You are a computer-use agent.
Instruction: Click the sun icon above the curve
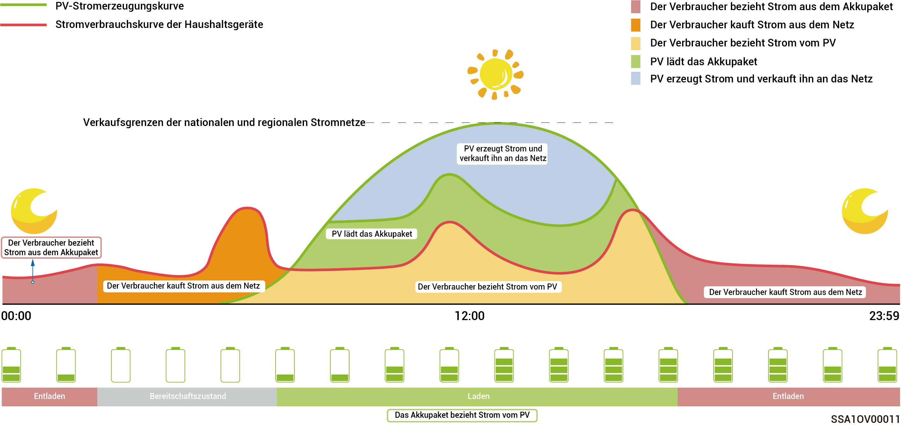point(495,74)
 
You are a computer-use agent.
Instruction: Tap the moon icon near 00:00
point(34,211)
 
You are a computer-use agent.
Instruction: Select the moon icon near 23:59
point(864,211)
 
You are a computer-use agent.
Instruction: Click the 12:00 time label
point(469,316)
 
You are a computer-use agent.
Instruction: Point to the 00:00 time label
point(16,316)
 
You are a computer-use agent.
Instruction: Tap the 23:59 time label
point(884,316)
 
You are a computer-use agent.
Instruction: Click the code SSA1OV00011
point(865,419)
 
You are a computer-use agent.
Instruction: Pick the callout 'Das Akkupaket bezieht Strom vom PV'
point(462,415)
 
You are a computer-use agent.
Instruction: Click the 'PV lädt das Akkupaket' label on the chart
point(371,234)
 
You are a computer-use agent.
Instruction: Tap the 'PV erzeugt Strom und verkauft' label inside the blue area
point(503,153)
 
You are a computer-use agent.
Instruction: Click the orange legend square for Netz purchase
point(636,25)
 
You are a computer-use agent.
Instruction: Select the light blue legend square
point(636,78)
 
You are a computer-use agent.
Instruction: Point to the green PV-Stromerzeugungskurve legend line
point(24,5)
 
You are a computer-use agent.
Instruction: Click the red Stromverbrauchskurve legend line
point(24,25)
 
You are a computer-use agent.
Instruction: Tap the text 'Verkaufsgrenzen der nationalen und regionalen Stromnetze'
point(224,122)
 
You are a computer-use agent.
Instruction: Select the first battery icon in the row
point(11,365)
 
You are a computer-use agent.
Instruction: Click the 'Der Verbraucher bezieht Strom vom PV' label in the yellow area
point(487,287)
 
